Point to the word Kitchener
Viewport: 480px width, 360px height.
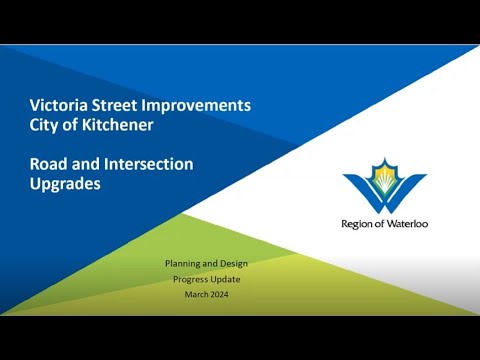pos(132,124)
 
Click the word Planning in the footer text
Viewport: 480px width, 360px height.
pos(183,263)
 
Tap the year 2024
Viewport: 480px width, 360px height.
pos(222,295)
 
